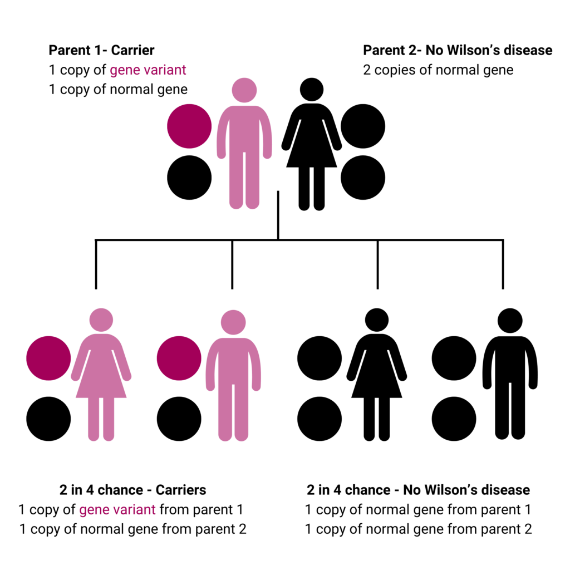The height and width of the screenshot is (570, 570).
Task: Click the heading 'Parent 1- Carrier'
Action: point(101,50)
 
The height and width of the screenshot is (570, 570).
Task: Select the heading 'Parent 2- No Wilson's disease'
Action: point(458,50)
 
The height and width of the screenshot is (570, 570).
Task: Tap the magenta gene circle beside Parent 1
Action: point(189,126)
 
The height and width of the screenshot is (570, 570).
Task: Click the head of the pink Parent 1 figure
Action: point(244,90)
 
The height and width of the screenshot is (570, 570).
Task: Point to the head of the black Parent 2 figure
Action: point(312,90)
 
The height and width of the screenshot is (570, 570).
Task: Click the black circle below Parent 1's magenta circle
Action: point(189,178)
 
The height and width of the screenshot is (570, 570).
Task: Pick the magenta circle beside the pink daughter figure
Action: point(48,358)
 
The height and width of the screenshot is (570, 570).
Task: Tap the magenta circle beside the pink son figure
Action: point(179,358)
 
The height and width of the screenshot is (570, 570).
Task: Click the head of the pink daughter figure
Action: point(101,320)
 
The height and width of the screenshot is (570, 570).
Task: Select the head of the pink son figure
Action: point(233,322)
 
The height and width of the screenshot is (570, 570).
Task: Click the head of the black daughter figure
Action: point(377,320)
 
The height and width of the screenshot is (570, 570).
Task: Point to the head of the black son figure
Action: point(510,321)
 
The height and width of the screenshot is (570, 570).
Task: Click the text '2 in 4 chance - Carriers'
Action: point(132,490)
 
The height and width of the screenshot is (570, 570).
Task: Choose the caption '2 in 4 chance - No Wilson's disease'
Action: point(418,490)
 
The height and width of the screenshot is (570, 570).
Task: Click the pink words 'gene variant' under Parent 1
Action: point(148,70)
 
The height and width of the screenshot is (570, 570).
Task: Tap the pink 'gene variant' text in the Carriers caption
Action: point(117,510)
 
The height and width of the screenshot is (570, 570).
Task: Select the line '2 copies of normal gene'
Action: point(438,70)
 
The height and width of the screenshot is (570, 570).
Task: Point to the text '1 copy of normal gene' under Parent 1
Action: point(118,90)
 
